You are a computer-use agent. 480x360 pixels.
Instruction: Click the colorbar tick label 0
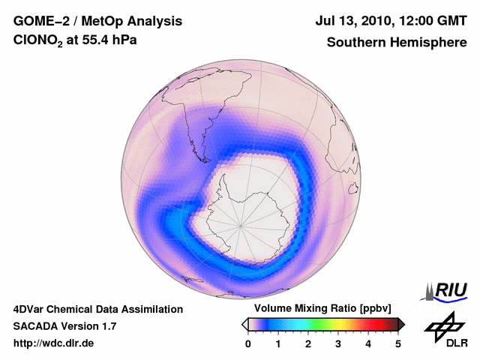[248, 343]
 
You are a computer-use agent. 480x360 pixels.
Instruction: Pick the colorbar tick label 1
[278, 343]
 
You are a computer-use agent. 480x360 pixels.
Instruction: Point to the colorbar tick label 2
[308, 343]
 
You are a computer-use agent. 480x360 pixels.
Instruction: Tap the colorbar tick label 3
[338, 343]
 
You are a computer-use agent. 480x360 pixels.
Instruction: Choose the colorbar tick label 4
[368, 343]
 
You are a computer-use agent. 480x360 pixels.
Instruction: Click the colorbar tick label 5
[398, 343]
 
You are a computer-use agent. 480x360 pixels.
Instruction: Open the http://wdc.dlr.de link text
[54, 343]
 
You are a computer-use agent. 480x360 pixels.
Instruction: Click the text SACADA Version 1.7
[64, 326]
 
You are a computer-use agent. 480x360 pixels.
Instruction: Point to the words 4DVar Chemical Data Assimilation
[98, 309]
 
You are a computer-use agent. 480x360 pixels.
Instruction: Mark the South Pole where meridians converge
[241, 224]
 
